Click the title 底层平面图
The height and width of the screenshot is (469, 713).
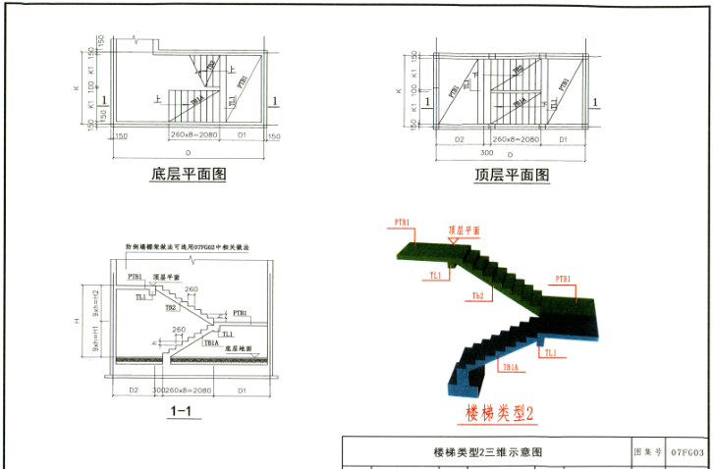tap(189, 175)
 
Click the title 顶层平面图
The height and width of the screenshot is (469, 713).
tap(511, 175)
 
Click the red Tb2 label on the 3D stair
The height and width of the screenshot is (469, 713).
tap(477, 295)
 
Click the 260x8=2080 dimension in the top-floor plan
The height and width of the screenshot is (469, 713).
tap(515, 140)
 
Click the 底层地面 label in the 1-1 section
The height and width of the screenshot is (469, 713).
tap(239, 347)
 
